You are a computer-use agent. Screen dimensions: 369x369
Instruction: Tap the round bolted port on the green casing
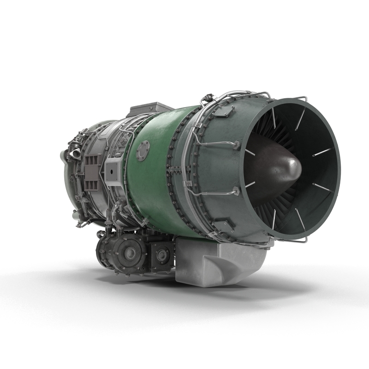(x=143, y=150)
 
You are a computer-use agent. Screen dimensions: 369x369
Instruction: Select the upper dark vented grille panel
(x=91, y=161)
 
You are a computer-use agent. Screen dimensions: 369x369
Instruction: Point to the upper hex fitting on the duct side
(x=237, y=146)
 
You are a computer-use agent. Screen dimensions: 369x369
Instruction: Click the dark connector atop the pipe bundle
(x=207, y=98)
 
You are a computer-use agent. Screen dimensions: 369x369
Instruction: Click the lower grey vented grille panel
(x=91, y=184)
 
